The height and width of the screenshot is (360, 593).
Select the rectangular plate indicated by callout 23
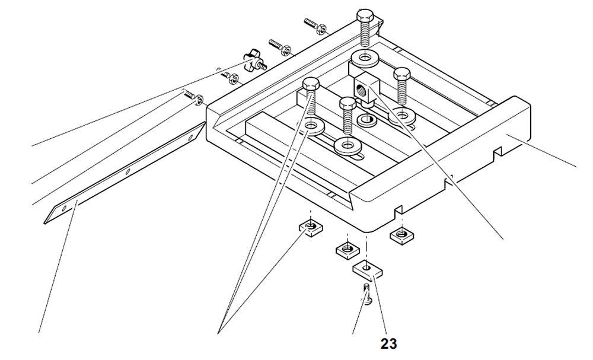tap(368, 270)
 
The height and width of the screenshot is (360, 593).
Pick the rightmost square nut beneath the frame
tap(401, 235)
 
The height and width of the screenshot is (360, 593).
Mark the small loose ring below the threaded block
tap(366, 120)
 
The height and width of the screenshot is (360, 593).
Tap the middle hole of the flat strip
tap(128, 171)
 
